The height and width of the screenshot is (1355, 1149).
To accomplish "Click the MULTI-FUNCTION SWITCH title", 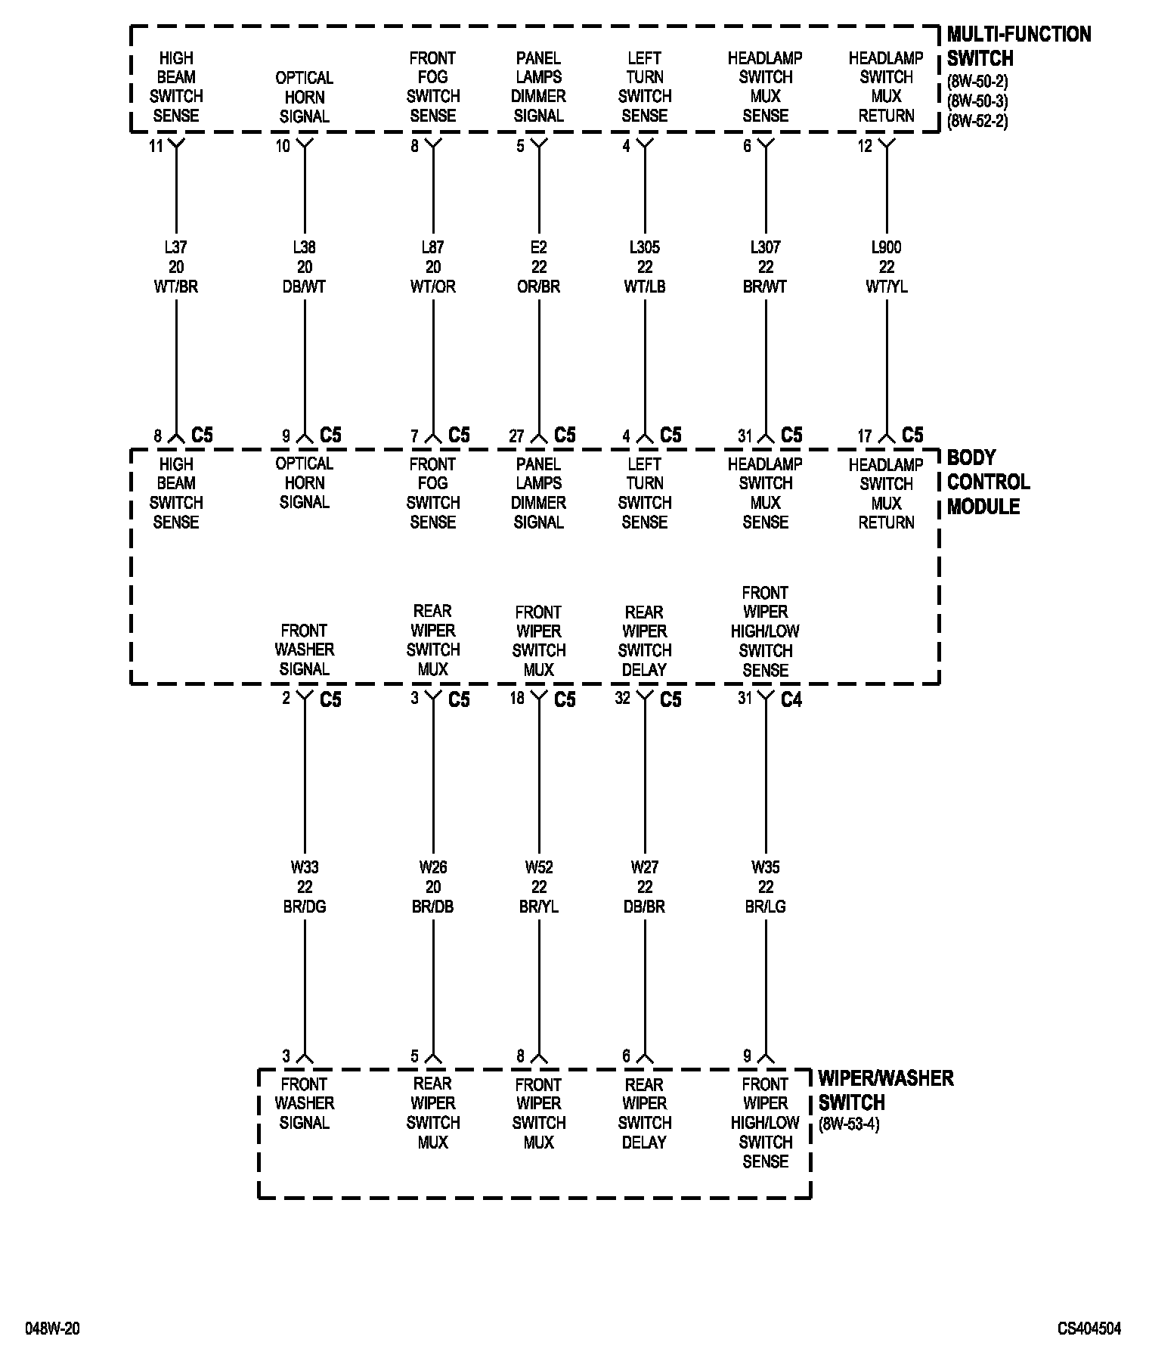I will click(x=1018, y=46).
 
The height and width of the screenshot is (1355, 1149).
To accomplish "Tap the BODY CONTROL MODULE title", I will click(x=988, y=482).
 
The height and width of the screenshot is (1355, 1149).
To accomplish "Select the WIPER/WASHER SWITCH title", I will click(x=885, y=1090).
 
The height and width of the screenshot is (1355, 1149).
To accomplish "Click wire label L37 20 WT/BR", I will click(x=176, y=267).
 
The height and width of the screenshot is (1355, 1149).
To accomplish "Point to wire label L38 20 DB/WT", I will click(x=305, y=267).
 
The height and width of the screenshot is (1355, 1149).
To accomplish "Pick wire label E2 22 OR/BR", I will click(x=539, y=267).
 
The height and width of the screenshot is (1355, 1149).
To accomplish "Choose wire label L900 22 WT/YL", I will click(x=887, y=267).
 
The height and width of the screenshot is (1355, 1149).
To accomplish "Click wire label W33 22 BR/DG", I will click(x=305, y=886).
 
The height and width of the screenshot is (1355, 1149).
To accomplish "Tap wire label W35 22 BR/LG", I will click(x=766, y=886).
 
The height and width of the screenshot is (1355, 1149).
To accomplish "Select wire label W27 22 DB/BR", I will click(x=645, y=886).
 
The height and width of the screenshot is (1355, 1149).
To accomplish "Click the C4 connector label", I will click(x=791, y=700).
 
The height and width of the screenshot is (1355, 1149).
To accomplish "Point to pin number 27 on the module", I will click(x=516, y=436).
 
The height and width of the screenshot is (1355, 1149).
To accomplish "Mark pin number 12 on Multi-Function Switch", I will click(x=865, y=146).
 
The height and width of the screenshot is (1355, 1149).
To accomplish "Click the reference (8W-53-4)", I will click(x=849, y=1124).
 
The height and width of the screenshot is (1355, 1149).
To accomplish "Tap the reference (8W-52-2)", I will click(x=977, y=121).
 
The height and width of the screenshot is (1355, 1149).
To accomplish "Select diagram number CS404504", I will click(x=1089, y=1329).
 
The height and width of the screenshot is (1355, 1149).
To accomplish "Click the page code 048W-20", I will click(x=53, y=1329).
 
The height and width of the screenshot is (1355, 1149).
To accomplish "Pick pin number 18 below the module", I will click(x=517, y=698).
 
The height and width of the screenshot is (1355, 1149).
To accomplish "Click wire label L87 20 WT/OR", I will click(x=433, y=267).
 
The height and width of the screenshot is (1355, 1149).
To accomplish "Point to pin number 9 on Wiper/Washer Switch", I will click(x=747, y=1056).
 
